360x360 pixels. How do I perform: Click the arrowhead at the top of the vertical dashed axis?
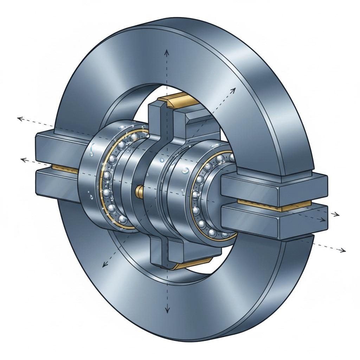[167, 52]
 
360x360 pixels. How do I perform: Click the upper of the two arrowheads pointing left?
[20, 119]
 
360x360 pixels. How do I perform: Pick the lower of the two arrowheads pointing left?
[24, 160]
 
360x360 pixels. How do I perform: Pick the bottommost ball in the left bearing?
[123, 219]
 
